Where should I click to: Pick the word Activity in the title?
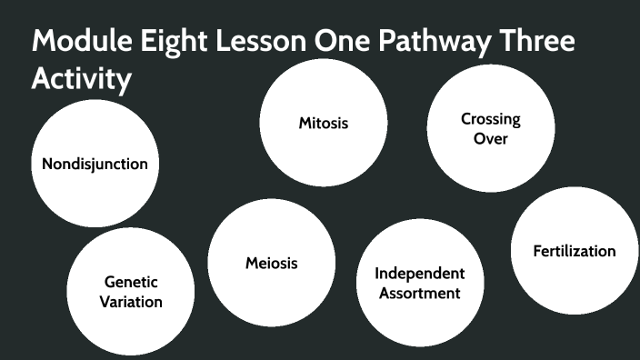click(82, 80)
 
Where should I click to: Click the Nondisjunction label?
click(95, 165)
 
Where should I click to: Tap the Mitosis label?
click(324, 123)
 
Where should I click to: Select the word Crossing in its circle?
click(490, 119)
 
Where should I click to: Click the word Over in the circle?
click(490, 139)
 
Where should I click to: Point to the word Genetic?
click(131, 282)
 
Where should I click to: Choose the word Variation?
click(131, 302)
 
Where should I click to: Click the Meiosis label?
click(271, 264)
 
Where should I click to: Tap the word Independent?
click(420, 274)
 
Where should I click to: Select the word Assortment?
click(420, 293)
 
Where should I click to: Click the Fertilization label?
click(575, 251)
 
